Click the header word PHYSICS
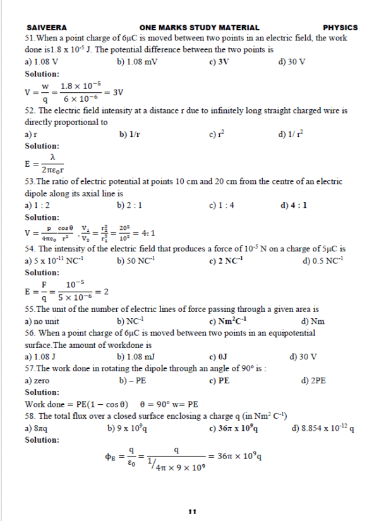340,28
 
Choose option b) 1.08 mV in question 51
138,62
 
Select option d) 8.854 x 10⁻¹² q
323,429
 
